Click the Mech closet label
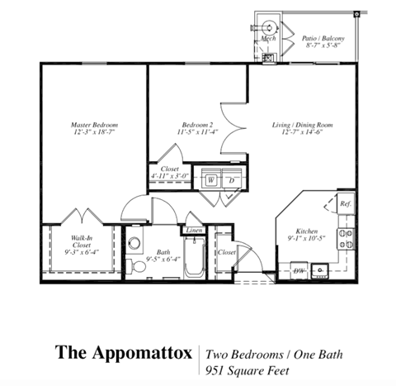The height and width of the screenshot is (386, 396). pyautogui.click(x=268, y=39)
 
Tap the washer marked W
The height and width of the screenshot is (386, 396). pyautogui.click(x=211, y=179)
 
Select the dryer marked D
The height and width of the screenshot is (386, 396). pyautogui.click(x=232, y=179)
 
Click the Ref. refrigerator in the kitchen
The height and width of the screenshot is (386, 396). pyautogui.click(x=345, y=203)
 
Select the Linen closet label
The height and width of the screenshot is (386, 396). pyautogui.click(x=194, y=231)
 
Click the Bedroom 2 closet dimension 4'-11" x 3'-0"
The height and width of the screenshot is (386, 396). pyautogui.click(x=170, y=175)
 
